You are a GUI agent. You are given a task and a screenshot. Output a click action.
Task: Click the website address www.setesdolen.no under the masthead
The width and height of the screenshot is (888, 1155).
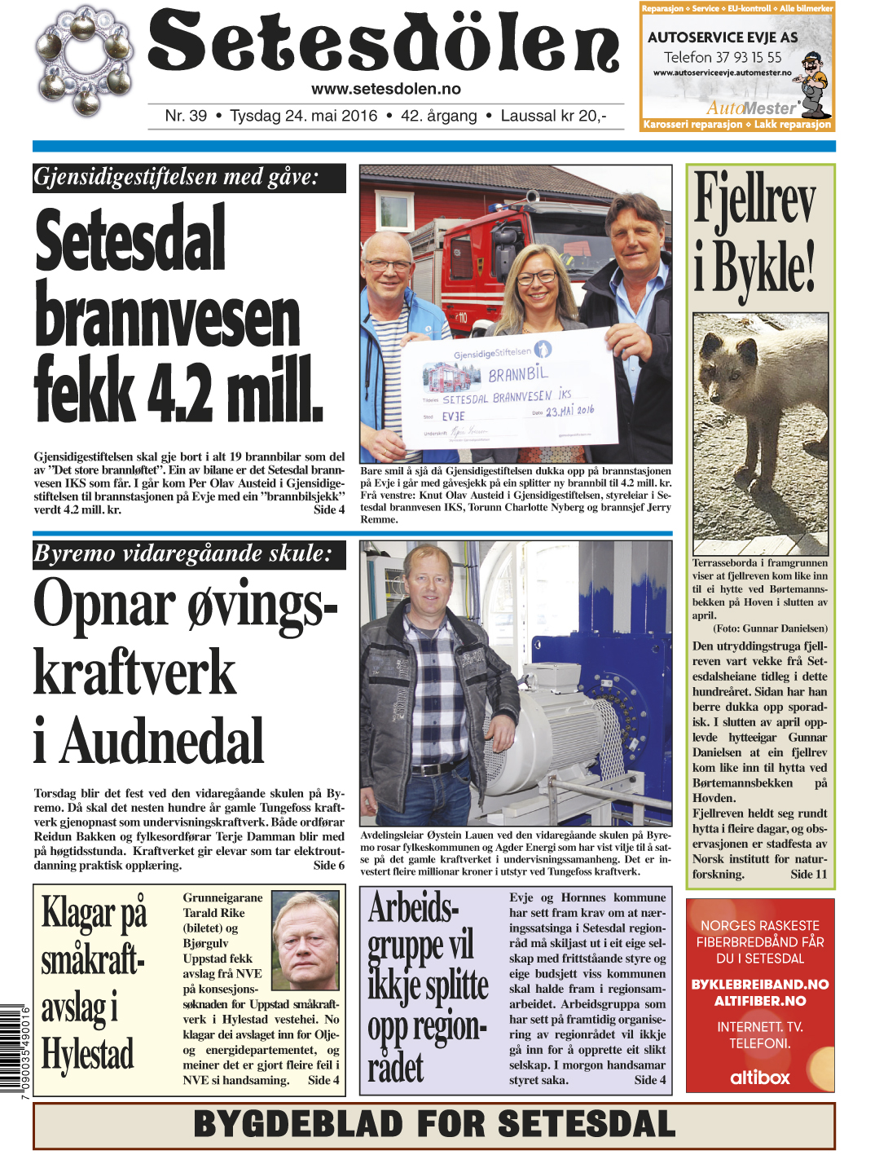pos(385,89)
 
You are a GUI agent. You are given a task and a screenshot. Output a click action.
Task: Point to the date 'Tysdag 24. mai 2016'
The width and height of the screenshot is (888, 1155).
pos(304,116)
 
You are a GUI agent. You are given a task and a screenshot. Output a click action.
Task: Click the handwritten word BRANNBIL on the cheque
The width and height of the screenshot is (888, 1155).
pos(518,374)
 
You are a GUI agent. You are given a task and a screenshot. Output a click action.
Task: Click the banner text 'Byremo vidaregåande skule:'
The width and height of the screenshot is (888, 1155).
pos(182,554)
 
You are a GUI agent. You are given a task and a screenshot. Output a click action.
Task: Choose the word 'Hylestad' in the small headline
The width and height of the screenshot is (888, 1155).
pos(88,1054)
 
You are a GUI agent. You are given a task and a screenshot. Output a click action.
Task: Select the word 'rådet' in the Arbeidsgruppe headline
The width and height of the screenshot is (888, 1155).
pos(396,1067)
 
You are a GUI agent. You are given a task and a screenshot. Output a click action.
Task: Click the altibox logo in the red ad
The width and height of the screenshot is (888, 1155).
pos(759,1077)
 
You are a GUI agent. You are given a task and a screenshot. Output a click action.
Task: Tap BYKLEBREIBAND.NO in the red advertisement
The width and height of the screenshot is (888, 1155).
pos(759,984)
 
